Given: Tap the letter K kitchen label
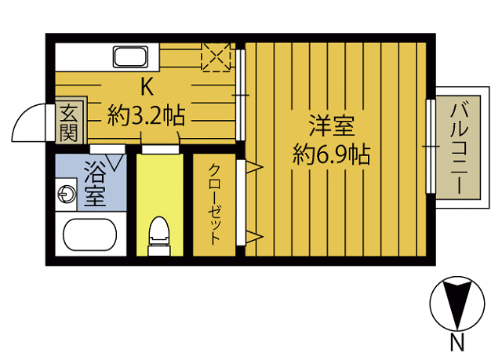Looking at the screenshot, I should tap(146, 86).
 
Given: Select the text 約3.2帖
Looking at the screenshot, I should tap(146, 118).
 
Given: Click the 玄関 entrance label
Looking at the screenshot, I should tap(67, 122).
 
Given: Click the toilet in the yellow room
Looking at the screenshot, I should tap(159, 233).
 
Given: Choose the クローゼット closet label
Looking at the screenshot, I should tap(213, 202).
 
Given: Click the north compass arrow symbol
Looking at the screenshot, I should tap(456, 304).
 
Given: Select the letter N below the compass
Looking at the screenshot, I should tap(456, 343).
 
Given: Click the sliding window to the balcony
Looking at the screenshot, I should tap(430, 146).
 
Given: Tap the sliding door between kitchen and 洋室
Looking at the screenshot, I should tap(242, 96).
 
